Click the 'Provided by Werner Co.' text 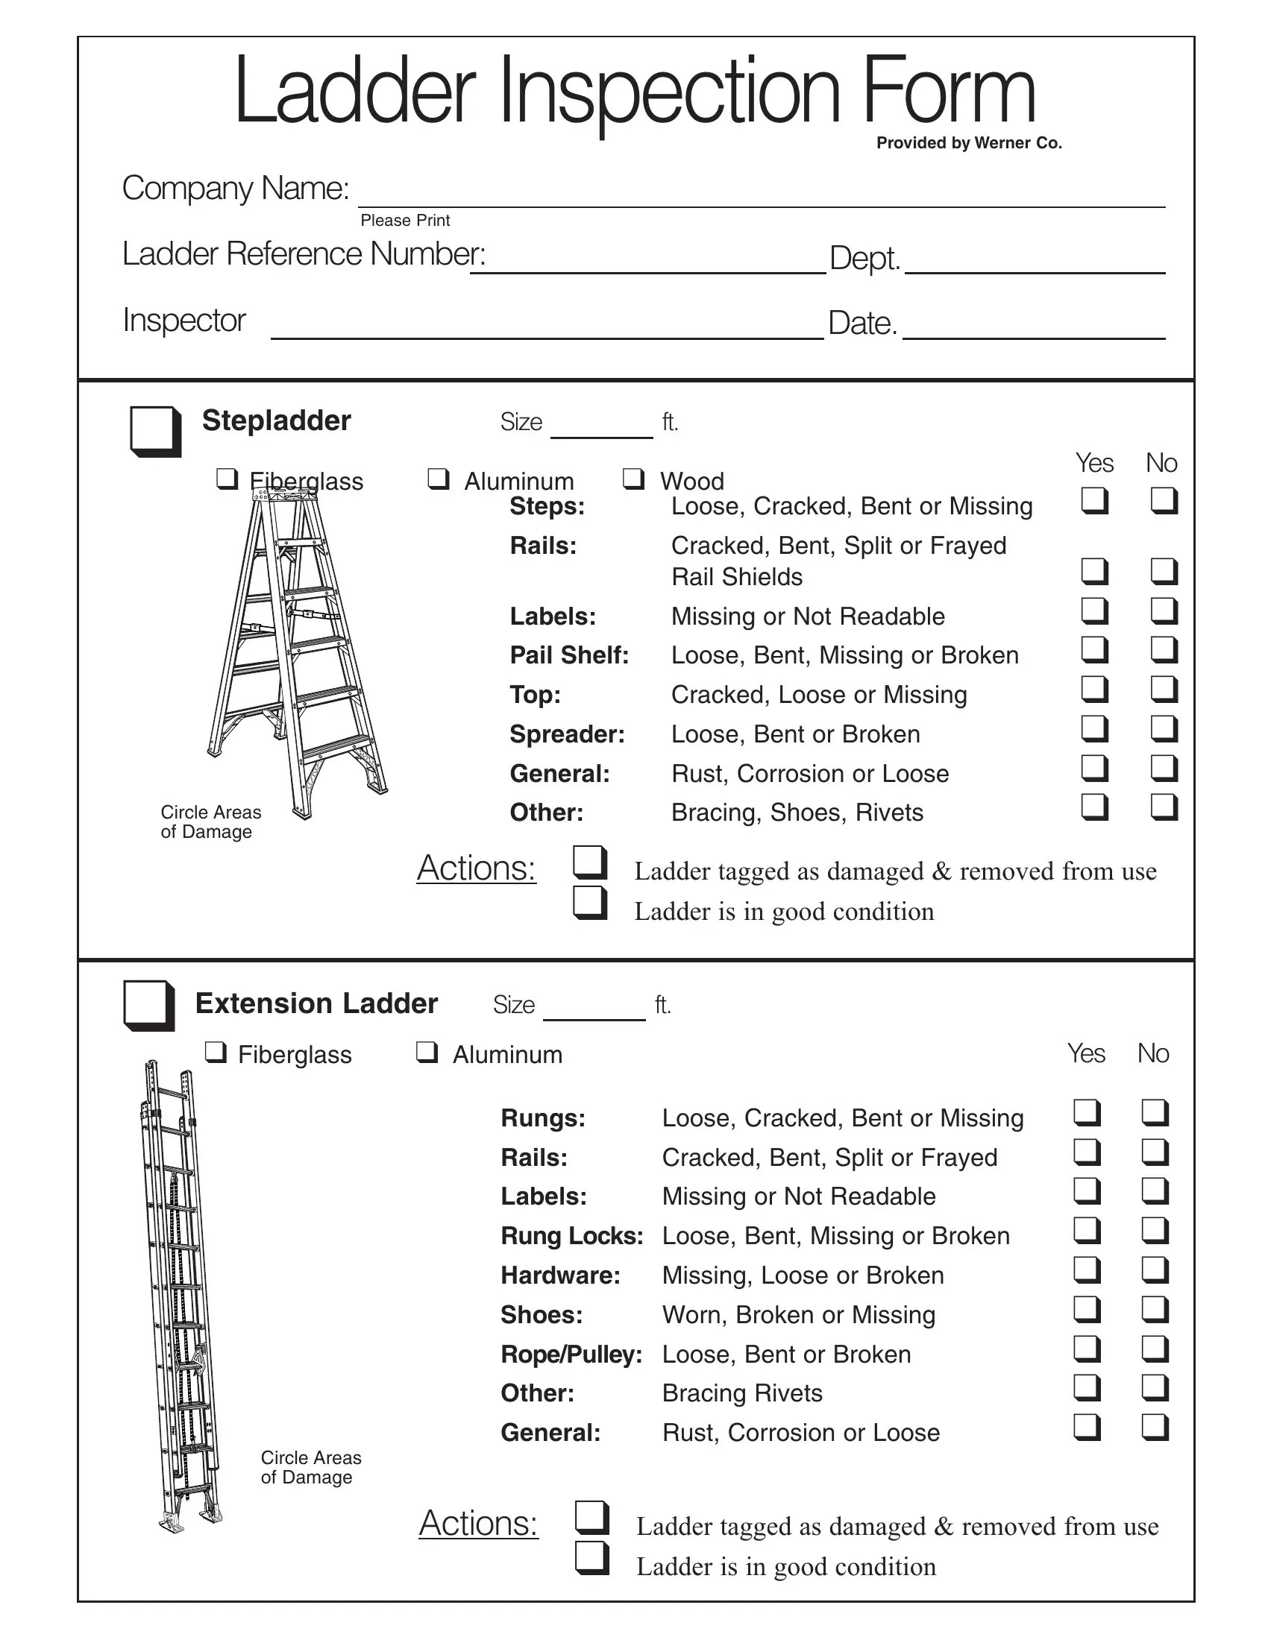[x=968, y=142]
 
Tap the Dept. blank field [x=1035, y=263]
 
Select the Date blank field [x=1033, y=328]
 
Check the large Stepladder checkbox [x=154, y=430]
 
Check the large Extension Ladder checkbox [x=148, y=1005]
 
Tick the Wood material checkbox [x=633, y=479]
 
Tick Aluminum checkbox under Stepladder [x=438, y=479]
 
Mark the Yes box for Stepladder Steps [x=1093, y=500]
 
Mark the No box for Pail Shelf [x=1163, y=649]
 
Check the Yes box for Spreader [x=1093, y=728]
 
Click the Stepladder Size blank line [x=601, y=428]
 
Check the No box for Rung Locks [x=1155, y=1230]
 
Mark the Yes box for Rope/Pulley [x=1086, y=1349]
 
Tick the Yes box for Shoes [x=1086, y=1309]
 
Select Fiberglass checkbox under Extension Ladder [x=216, y=1053]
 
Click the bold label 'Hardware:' [x=560, y=1275]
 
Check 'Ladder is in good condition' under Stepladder [x=590, y=903]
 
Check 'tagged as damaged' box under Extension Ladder [x=591, y=1517]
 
